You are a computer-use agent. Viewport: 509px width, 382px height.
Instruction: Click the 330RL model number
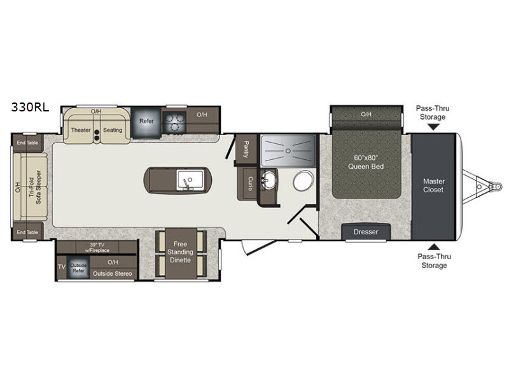tap(30, 107)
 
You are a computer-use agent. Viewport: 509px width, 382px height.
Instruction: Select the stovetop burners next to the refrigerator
tap(174, 122)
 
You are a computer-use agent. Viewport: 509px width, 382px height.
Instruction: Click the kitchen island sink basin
tap(190, 180)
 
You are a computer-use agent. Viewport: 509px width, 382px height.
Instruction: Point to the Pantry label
tap(246, 150)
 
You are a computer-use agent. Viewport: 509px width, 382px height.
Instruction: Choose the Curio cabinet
tap(250, 184)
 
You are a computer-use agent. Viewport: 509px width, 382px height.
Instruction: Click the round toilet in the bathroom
tap(303, 181)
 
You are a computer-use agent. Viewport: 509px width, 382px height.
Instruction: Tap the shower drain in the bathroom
tap(288, 151)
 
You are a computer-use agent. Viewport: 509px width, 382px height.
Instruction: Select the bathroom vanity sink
tap(268, 179)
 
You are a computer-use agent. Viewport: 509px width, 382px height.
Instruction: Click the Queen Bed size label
tap(366, 162)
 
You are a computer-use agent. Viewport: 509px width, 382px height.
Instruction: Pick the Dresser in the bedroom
tap(366, 232)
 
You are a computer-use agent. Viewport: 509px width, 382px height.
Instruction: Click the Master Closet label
tap(434, 185)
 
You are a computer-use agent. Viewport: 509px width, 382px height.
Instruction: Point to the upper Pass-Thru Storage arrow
tap(433, 127)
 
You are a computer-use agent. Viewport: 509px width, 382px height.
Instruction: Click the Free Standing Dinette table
tap(181, 253)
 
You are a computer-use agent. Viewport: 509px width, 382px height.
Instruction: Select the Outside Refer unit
tap(78, 267)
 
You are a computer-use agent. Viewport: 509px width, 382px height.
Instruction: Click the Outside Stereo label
tap(113, 274)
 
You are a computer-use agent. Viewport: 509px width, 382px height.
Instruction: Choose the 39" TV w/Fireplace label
tap(97, 248)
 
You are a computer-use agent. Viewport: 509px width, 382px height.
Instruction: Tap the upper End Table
tap(27, 143)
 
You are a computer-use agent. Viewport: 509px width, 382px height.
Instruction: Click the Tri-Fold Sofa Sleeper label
tap(35, 187)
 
